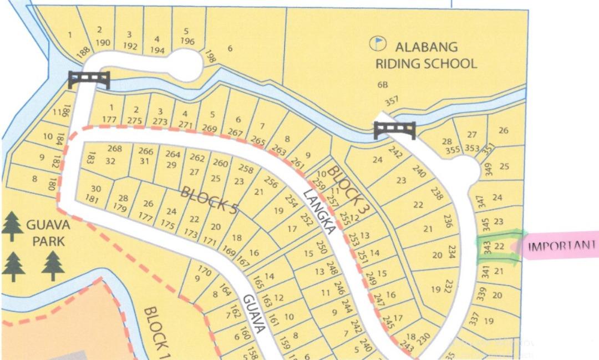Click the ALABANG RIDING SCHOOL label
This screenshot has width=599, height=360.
click(425, 55)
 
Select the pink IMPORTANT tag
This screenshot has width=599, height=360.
click(560, 246)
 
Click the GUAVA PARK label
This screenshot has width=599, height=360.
click(47, 234)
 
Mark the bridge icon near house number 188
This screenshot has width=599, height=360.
click(89, 79)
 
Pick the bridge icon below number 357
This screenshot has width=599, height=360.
click(394, 130)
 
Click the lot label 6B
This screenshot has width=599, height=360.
click(382, 84)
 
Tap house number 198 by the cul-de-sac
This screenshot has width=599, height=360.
click(210, 56)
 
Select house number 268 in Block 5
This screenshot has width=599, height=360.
click(115, 149)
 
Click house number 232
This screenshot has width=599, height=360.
click(449, 286)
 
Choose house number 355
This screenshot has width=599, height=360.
click(453, 149)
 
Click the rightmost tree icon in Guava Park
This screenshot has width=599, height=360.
click(53, 265)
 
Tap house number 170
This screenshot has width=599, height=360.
click(205, 272)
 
